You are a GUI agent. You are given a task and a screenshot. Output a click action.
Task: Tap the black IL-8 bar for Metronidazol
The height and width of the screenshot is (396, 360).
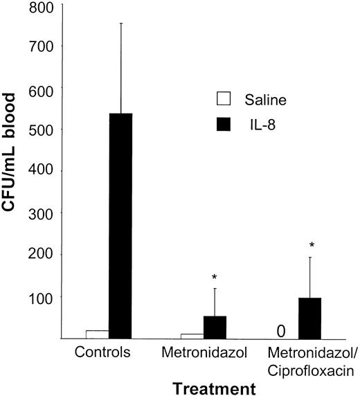[215, 327]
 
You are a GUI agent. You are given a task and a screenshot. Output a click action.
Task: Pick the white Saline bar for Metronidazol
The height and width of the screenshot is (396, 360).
[191, 336]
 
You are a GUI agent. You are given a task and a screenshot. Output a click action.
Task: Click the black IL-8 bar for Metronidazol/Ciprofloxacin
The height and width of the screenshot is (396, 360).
[309, 318]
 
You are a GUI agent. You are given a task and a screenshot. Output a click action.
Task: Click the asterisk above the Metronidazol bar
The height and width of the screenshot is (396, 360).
[215, 278]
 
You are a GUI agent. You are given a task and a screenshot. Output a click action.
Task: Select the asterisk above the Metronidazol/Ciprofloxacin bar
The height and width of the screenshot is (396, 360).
[310, 246]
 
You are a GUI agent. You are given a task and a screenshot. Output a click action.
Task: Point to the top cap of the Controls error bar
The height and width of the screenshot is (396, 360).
[121, 23]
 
